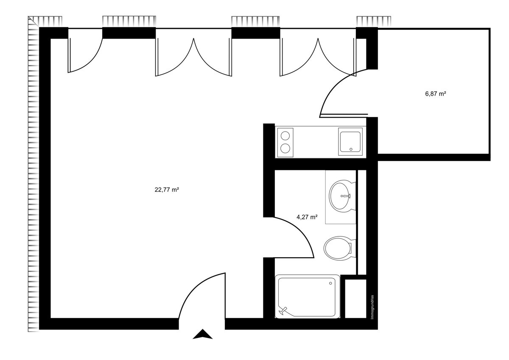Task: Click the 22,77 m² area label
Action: coord(166,190)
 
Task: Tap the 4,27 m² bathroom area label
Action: coord(307,217)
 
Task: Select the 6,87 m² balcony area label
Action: coord(435,94)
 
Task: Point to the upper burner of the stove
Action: coord(285,135)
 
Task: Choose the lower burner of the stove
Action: coord(285,149)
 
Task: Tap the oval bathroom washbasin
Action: coord(341,196)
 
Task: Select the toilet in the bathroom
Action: coord(338,248)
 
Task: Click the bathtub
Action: coord(307,297)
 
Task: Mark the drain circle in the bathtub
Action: coord(331,283)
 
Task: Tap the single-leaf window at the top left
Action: coord(85,55)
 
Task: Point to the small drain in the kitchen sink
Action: coord(351,149)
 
